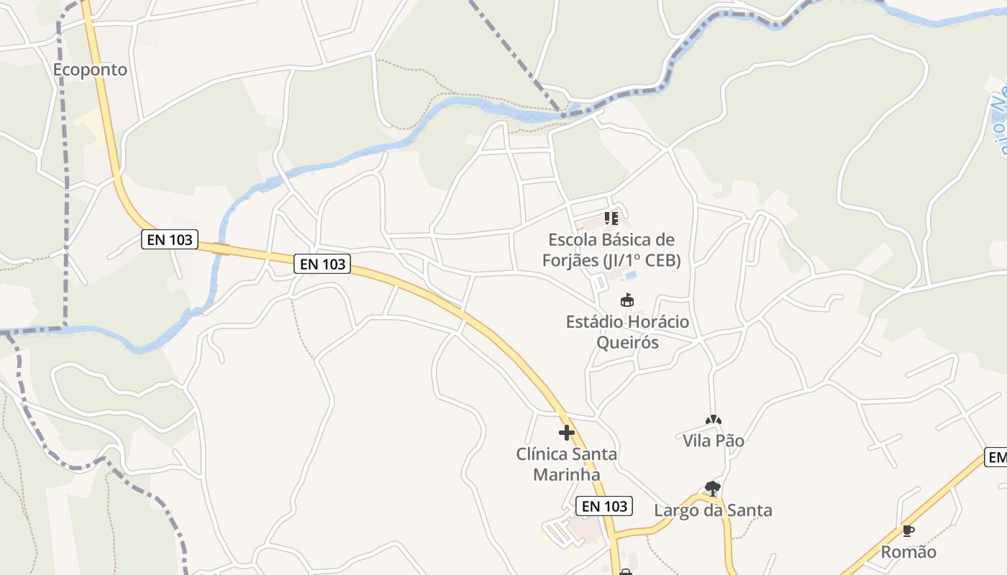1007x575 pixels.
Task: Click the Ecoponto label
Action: pos(90,70)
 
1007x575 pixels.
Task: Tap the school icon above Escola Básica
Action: pos(611,218)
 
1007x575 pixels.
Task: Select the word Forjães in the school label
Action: pos(570,260)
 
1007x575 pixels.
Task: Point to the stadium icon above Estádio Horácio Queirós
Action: pos(627,300)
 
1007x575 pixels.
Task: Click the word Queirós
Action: pos(627,342)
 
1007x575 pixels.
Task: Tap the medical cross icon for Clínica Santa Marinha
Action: pos(567,433)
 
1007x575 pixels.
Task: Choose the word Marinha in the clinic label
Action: pos(566,474)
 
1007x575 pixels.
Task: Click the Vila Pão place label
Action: pos(713,441)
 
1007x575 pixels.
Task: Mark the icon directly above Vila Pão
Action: pos(713,420)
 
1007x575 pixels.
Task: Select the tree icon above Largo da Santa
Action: pos(713,489)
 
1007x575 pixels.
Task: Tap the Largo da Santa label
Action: pos(713,510)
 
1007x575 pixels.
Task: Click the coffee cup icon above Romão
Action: pos(908,531)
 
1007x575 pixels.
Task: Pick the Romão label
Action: pos(908,552)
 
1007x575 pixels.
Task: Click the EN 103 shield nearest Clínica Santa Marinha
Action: pos(605,506)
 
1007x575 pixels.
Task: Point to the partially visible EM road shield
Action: pos(996,458)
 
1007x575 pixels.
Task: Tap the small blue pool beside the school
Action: pos(630,275)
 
